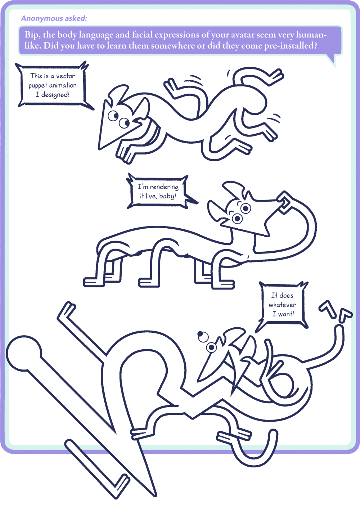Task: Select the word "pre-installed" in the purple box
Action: click(x=291, y=46)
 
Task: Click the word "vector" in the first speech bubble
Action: click(x=66, y=76)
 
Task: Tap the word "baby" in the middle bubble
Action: click(x=167, y=196)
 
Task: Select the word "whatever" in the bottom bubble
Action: click(x=282, y=305)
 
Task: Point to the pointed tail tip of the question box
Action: click(x=334, y=67)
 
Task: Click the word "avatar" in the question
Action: click(x=242, y=35)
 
